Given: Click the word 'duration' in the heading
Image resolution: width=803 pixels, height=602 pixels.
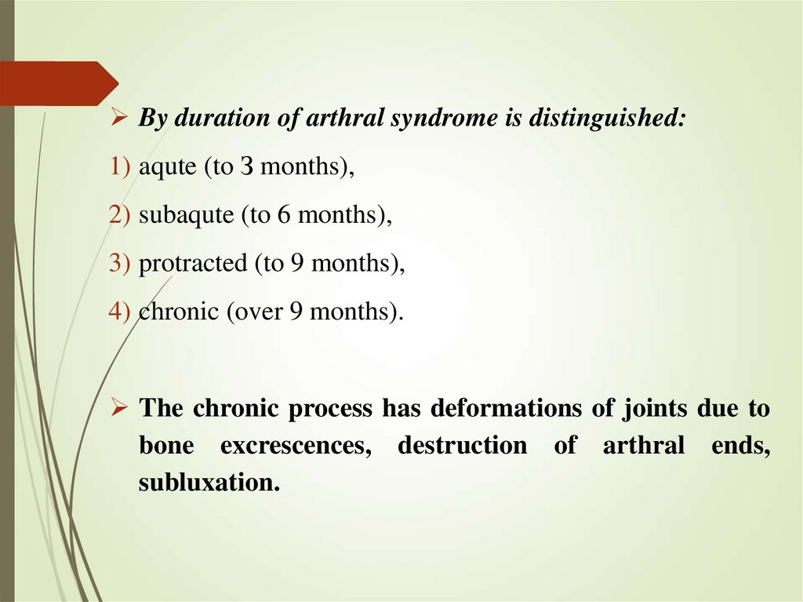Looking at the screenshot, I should click(219, 120).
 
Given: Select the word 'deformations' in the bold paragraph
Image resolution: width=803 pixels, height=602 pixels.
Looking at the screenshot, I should click(485, 409).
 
